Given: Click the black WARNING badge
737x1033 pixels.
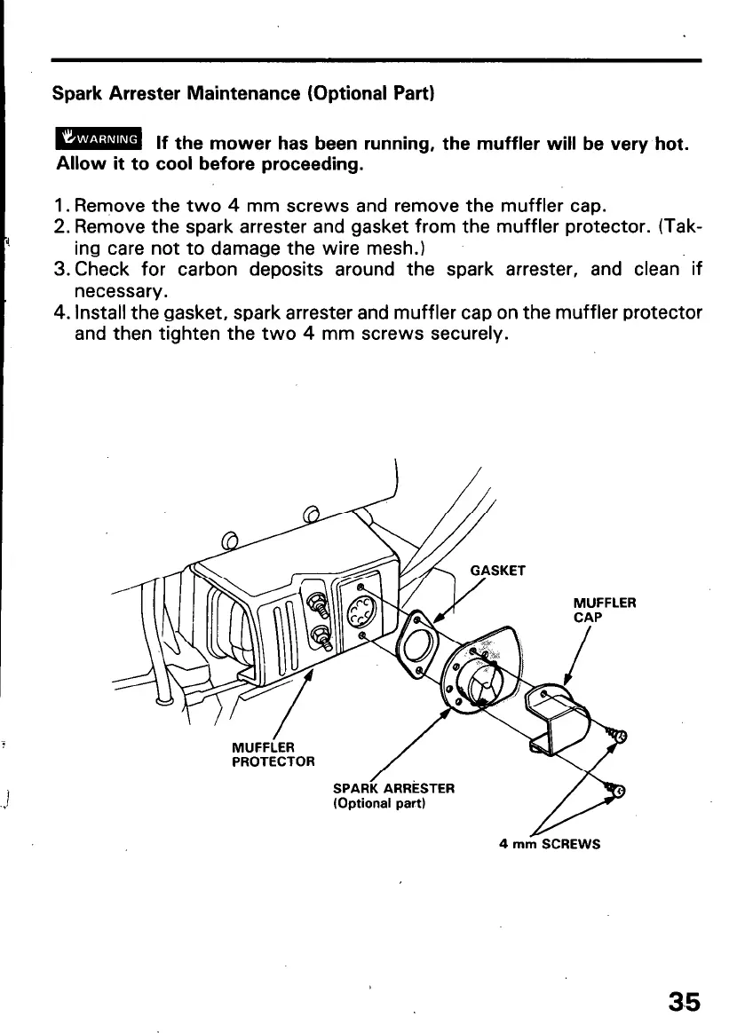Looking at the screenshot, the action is (99, 138).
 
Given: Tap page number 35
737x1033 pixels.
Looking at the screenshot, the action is (685, 1002).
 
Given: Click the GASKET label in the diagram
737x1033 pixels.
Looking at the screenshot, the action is (497, 572).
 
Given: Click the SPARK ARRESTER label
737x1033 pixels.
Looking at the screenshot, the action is (393, 787).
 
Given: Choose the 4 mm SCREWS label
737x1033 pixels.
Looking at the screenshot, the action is (551, 843).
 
